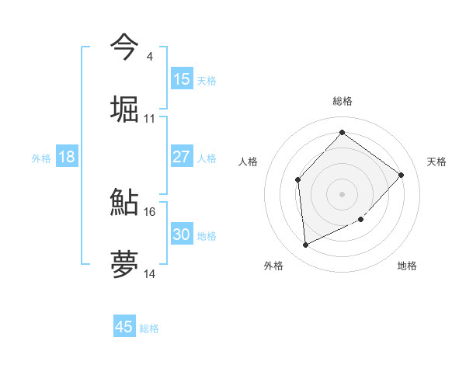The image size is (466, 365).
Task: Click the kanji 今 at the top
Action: [124, 47]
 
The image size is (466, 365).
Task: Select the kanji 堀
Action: [124, 109]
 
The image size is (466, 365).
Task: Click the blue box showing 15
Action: [182, 79]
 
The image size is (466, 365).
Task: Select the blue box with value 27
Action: [182, 157]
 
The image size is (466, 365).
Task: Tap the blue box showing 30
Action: [182, 235]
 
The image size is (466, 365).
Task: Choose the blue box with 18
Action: [67, 157]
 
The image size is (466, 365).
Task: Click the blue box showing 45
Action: [124, 327]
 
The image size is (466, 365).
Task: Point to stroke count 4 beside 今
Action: [149, 57]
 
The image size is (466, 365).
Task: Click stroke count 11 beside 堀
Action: [150, 119]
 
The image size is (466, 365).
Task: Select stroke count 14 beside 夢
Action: [150, 274]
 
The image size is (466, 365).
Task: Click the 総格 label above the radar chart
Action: [343, 101]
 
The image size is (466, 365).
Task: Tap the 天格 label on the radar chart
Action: [436, 162]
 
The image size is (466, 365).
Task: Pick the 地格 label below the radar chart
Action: [407, 266]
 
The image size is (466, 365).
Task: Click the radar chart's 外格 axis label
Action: [273, 266]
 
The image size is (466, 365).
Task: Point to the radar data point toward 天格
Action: [402, 175]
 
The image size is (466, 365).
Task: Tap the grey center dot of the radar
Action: [343, 194]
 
